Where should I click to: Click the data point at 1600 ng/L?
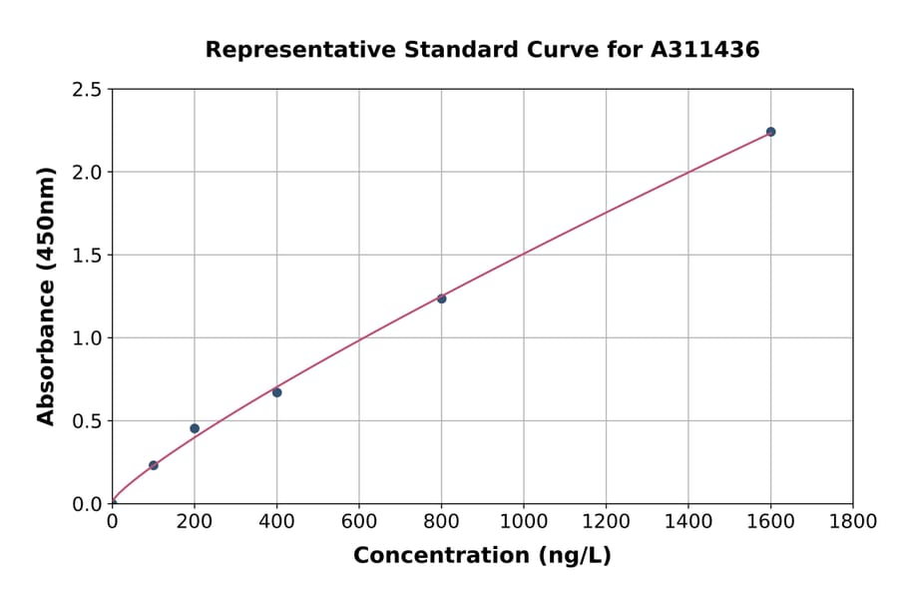click(770, 132)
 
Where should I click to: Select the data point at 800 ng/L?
click(441, 298)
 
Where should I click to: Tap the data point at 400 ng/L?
click(276, 392)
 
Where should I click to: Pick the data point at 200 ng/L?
click(195, 428)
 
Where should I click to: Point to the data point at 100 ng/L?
click(154, 465)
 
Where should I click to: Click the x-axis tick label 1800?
click(852, 522)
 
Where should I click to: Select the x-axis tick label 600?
click(359, 522)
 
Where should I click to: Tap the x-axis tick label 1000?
click(524, 522)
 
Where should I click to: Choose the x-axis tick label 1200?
click(606, 522)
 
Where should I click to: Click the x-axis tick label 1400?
click(687, 522)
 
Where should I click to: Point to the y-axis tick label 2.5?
click(87, 90)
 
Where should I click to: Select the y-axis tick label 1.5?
click(87, 256)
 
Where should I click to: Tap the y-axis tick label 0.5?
click(87, 421)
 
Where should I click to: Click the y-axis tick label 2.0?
click(87, 173)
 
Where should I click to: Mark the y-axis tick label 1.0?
click(87, 338)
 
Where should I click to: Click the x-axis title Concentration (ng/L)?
click(482, 556)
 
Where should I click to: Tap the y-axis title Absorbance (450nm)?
click(46, 296)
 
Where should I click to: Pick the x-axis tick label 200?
click(195, 522)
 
